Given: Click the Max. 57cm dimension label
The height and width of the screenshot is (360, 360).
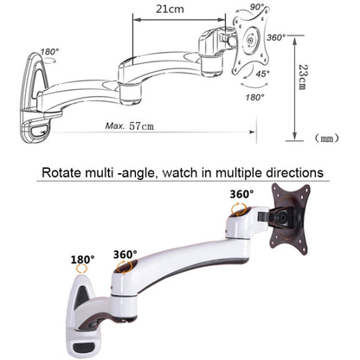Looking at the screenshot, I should click(x=130, y=125).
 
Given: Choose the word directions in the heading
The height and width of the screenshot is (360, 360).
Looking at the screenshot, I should click(x=293, y=173).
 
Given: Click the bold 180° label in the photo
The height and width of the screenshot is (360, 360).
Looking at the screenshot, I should click(x=84, y=259).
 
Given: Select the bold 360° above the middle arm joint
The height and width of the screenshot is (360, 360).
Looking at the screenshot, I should click(x=125, y=254).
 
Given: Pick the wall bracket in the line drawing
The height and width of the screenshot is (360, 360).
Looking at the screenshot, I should click(x=39, y=95).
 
